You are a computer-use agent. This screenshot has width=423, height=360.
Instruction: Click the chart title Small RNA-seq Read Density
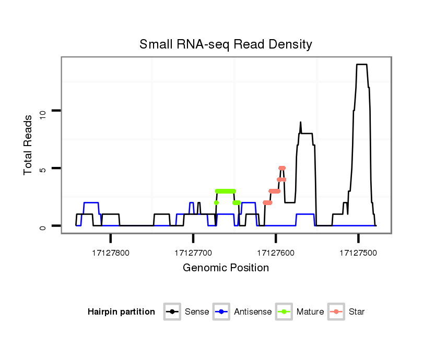pos(226,44)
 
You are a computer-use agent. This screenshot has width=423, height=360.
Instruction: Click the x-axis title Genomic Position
pos(226,268)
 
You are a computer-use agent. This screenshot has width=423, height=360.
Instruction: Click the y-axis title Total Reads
pos(29,145)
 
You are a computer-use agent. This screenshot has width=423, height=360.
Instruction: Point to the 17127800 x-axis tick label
pos(111,253)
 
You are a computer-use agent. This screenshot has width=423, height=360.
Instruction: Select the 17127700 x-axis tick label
pos(193,253)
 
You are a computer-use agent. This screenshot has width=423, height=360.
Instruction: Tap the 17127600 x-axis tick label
pos(276,253)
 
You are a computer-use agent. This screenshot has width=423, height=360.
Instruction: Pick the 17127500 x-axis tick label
pos(358,253)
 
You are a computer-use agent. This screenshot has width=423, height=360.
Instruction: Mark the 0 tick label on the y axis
pos(43,226)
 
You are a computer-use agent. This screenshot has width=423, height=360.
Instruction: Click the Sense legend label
pos(197,312)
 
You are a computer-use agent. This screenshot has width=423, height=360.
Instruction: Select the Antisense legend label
pos(253,312)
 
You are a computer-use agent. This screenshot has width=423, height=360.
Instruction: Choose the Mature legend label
pos(310,312)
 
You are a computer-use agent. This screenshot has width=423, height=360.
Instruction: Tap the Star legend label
pos(357,312)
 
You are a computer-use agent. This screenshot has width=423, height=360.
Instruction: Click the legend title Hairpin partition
pos(121,312)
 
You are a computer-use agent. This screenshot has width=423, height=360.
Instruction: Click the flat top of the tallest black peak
pos(361,65)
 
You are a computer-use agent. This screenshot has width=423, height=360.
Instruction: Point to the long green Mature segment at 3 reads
pos(226,191)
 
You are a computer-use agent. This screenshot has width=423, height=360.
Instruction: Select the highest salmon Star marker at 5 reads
pos(282,168)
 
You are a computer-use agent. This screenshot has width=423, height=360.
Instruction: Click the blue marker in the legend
pos(222,312)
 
